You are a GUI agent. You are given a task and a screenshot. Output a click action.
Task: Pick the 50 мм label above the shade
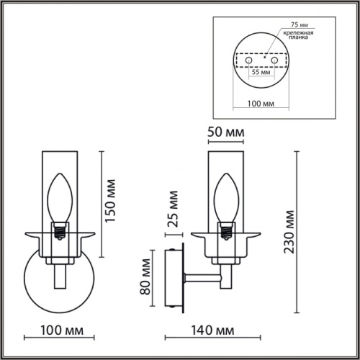(225, 134)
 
